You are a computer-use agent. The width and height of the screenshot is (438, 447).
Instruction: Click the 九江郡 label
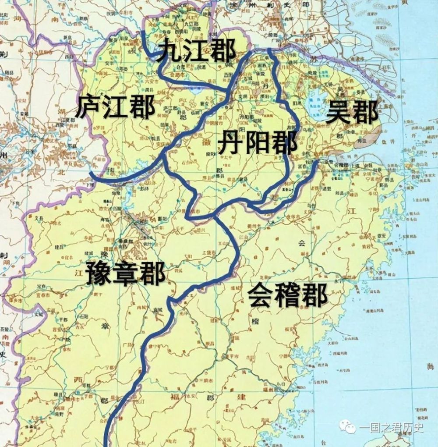(x=197, y=51)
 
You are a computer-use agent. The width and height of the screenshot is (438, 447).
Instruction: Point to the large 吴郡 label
(x=352, y=112)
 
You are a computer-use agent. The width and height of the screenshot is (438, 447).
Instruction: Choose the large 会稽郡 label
(x=287, y=295)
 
